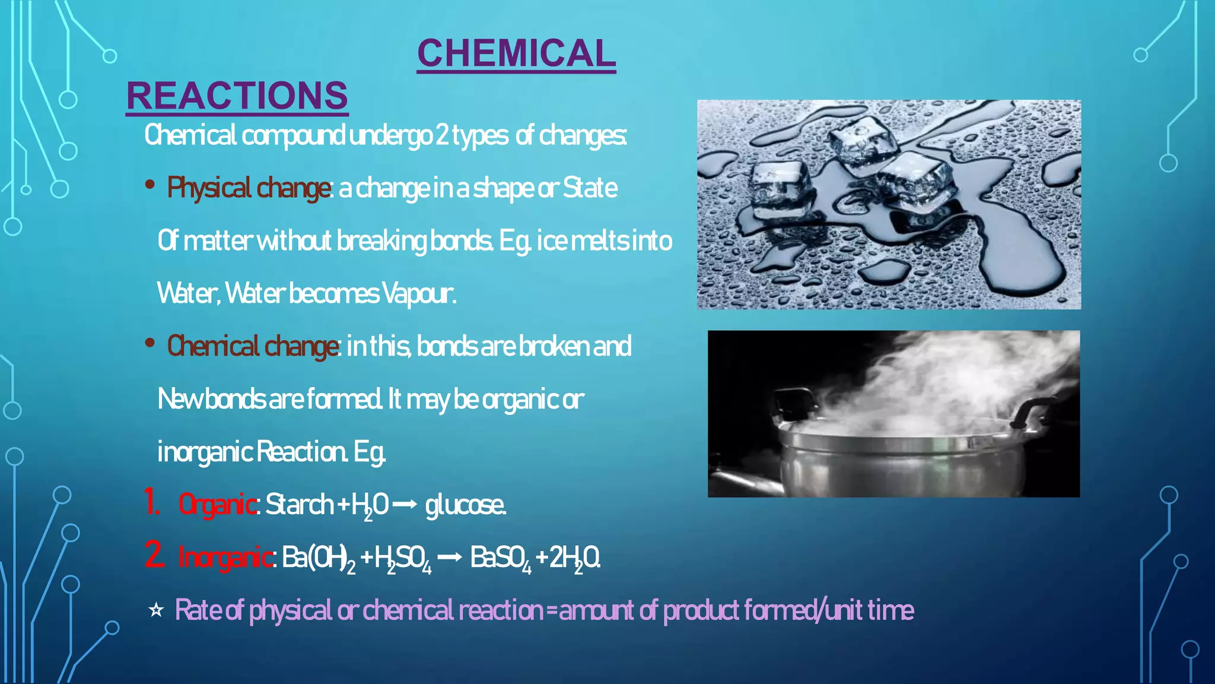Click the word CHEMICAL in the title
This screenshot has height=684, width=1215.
pos(516,53)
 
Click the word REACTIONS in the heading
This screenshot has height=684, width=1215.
pos(237,96)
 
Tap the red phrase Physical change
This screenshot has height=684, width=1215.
pos(249,188)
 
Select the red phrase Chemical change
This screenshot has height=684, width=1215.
pos(253,346)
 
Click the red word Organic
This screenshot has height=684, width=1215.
pos(217,505)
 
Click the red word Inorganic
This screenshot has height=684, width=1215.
pos(225,558)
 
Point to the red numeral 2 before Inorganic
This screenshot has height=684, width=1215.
pos(154,555)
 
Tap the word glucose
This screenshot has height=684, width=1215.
pos(465,505)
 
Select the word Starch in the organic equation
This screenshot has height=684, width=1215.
pos(299,505)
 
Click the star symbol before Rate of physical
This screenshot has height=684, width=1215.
pos(156,610)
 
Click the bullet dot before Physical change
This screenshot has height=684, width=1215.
pos(150,185)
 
